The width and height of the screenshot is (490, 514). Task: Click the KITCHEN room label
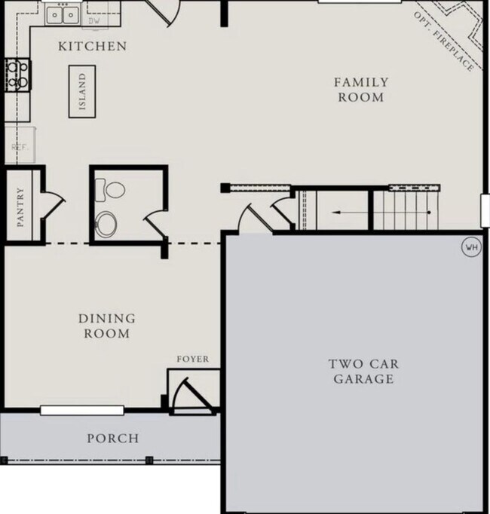[93, 47]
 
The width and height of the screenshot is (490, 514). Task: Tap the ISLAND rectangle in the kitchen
[82, 90]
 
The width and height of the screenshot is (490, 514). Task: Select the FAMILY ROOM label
[362, 90]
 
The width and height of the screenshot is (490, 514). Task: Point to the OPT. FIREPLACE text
[444, 42]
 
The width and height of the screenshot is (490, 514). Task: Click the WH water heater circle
[471, 246]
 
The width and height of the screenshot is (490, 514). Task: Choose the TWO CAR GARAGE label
[363, 372]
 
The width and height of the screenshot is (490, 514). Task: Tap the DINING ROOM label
[106, 326]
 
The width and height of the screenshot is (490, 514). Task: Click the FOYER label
[192, 359]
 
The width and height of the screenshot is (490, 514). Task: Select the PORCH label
[112, 438]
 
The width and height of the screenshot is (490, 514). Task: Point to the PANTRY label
[20, 207]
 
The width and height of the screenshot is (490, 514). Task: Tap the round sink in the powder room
[106, 224]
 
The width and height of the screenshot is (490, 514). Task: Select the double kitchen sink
[63, 14]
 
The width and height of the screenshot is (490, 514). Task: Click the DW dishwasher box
[94, 20]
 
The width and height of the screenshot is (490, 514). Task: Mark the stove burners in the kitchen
[17, 74]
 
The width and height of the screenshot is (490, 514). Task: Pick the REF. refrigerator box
[19, 148]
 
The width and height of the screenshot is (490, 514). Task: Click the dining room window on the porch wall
[81, 410]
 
